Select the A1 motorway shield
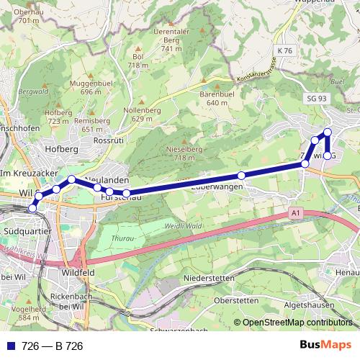tap(294, 213)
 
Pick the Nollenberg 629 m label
tap(142, 114)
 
